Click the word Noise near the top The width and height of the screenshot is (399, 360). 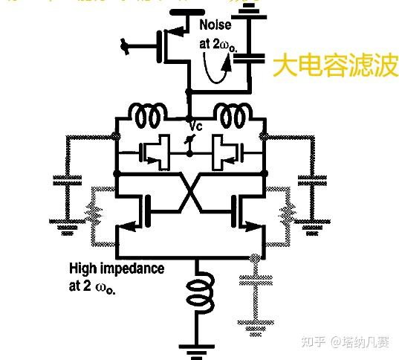(215, 25)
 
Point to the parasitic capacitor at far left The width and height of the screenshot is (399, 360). (68, 181)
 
